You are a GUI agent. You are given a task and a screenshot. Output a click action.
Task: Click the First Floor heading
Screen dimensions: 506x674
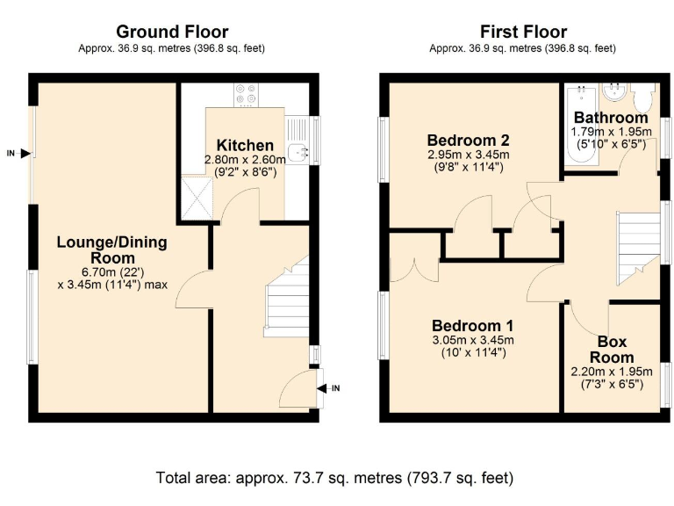pos(522,33)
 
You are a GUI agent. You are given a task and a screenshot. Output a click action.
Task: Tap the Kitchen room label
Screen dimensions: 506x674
pos(245,145)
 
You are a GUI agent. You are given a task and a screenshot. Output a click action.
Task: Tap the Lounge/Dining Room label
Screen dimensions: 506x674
pos(111,250)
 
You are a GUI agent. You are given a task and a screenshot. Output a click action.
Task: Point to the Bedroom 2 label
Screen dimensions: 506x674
pos(468,141)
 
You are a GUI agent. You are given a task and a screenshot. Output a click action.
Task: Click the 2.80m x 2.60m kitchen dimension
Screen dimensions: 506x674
pos(245,160)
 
